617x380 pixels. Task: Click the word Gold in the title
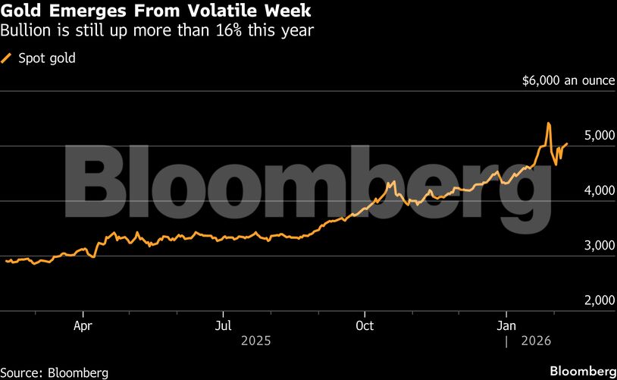click(20, 13)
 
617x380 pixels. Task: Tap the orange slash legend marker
click(7, 58)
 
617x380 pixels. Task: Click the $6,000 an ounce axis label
click(567, 80)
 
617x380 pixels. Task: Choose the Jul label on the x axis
click(223, 326)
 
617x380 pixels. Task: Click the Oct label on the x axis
click(365, 326)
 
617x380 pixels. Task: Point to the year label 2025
click(256, 342)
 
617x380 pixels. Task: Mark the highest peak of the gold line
click(548, 123)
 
